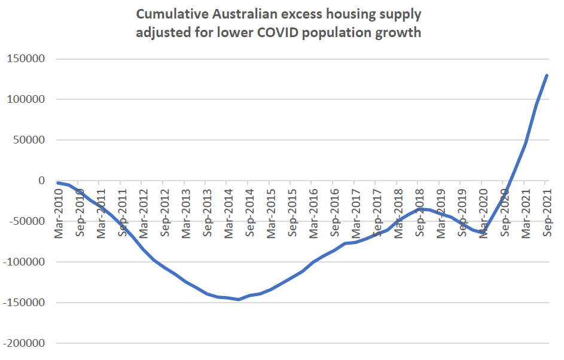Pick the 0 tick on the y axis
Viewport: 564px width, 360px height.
(41, 181)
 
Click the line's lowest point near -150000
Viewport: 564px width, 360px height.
(239, 299)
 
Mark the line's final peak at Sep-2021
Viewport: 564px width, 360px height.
(547, 75)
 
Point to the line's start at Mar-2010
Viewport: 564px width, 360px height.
(58, 182)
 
